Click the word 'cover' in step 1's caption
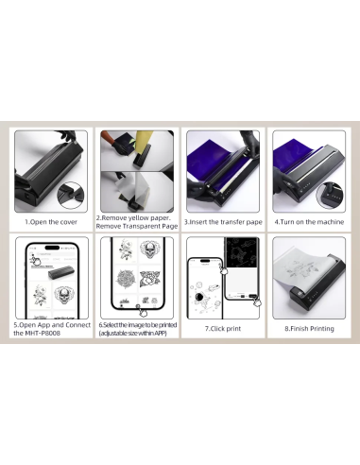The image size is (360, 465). click(x=68, y=222)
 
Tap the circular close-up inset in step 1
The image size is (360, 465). click(x=71, y=195)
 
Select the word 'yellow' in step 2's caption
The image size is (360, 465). click(x=138, y=217)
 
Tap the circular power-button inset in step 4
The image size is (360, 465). click(x=330, y=195)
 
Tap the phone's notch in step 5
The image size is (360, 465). click(x=52, y=248)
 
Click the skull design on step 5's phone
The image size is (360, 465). click(x=64, y=295)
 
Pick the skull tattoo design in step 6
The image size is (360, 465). click(x=149, y=250)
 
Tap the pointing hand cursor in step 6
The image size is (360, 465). click(x=143, y=312)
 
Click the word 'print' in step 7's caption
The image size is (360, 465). click(x=233, y=329)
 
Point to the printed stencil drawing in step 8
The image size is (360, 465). click(x=300, y=270)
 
